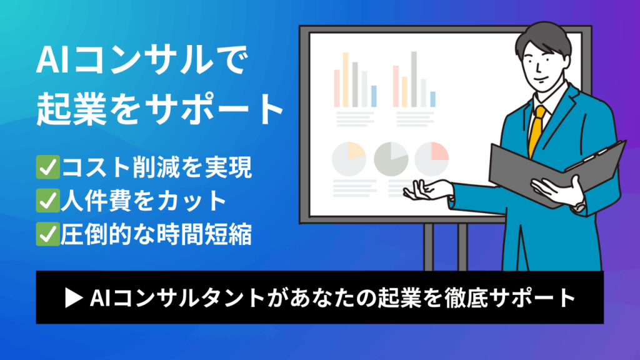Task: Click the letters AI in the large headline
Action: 52,60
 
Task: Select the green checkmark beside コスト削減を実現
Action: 47,167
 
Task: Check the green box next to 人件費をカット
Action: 47,201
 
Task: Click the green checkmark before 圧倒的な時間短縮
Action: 47,234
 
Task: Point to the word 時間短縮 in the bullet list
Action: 204,234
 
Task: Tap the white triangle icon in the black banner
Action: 74,298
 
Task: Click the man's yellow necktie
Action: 536,131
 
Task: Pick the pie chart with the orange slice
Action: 349,159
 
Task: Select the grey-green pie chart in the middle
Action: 391,159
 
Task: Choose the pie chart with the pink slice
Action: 432,159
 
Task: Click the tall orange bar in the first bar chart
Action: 345,79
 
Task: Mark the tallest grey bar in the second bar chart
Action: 414,79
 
